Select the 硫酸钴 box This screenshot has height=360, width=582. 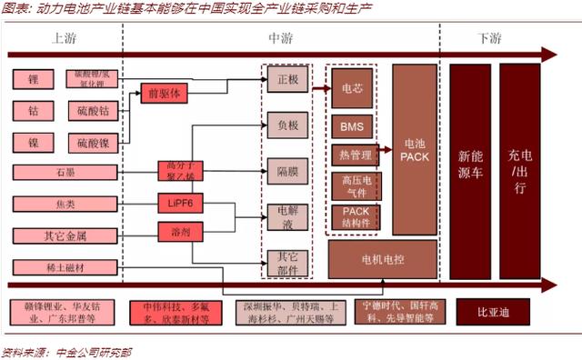(x=92, y=111)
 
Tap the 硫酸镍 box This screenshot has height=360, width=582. (x=92, y=143)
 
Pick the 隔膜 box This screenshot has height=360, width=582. (x=286, y=171)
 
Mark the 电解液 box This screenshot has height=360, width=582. (x=286, y=217)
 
